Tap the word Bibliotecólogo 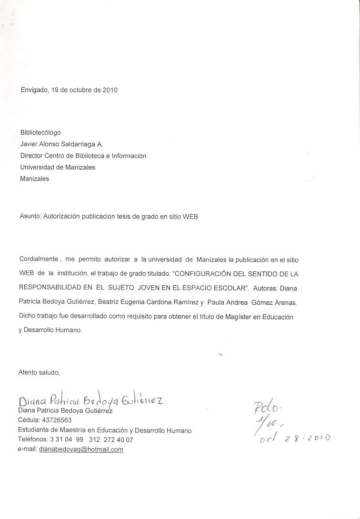pos(40,133)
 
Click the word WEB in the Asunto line pos(190,217)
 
